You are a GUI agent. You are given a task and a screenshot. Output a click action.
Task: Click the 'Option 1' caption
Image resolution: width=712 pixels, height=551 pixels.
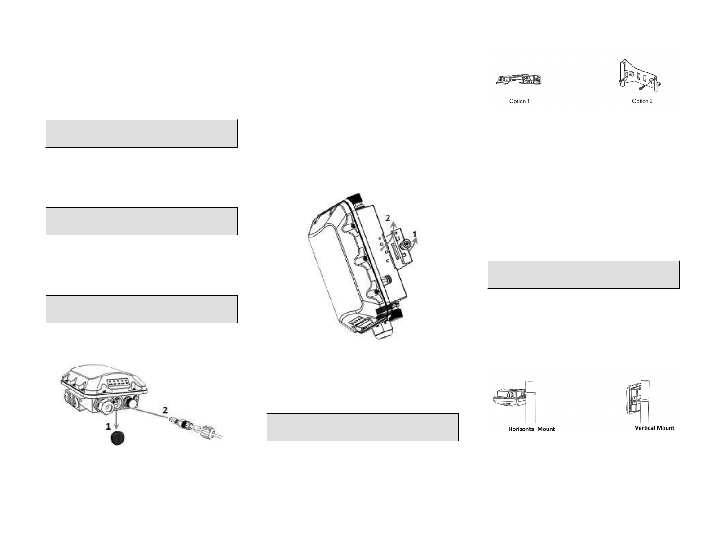tap(519, 101)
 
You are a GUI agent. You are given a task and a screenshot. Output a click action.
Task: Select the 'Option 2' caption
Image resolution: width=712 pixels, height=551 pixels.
tap(642, 101)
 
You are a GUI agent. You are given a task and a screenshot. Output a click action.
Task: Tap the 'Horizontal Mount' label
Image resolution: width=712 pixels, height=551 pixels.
tap(531, 429)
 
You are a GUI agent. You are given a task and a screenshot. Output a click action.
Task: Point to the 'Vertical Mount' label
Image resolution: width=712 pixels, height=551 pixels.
tap(655, 428)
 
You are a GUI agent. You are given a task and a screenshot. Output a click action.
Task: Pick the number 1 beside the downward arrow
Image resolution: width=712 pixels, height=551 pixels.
tap(108, 426)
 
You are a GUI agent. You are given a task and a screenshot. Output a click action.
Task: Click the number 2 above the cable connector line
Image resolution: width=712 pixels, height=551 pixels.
tap(165, 410)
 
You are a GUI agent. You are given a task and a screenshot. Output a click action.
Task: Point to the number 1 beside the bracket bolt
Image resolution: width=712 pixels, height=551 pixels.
tap(415, 234)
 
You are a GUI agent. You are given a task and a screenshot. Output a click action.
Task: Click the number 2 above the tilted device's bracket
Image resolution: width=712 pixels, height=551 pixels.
tap(388, 218)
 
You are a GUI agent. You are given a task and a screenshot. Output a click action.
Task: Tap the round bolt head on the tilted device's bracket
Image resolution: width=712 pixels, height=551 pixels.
tap(407, 244)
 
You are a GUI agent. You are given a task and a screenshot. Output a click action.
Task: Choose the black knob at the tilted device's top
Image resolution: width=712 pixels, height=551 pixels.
tap(354, 198)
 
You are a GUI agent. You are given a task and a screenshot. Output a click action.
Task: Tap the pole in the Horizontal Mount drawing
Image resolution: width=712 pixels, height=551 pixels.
tap(531, 402)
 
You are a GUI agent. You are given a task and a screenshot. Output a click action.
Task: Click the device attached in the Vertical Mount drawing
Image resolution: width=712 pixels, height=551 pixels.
tap(633, 400)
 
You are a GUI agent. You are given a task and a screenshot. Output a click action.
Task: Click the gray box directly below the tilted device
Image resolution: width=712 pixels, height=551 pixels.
tap(363, 427)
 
